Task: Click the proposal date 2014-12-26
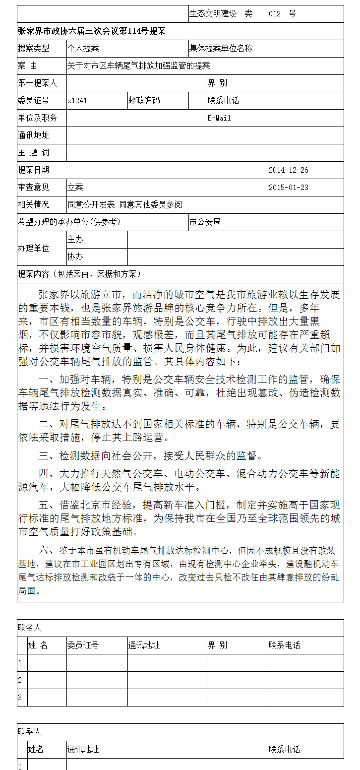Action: point(289,170)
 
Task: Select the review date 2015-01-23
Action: point(289,188)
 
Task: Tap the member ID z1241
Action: point(77,101)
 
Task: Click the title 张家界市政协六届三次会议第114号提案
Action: point(92,31)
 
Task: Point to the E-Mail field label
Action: point(219,118)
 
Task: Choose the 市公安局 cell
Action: point(205,222)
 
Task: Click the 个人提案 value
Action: point(83,48)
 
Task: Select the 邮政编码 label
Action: point(144,101)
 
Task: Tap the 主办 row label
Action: point(75,240)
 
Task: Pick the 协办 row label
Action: point(75,257)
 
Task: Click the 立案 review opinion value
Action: point(75,188)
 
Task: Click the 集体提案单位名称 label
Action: point(221,48)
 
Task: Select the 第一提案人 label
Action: point(38,83)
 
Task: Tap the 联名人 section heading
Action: point(30,628)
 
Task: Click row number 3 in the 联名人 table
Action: point(20,698)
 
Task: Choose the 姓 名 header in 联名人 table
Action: point(38,645)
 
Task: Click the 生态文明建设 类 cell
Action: point(221,14)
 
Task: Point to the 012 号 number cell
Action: point(283,14)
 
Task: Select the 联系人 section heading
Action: point(30,732)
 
